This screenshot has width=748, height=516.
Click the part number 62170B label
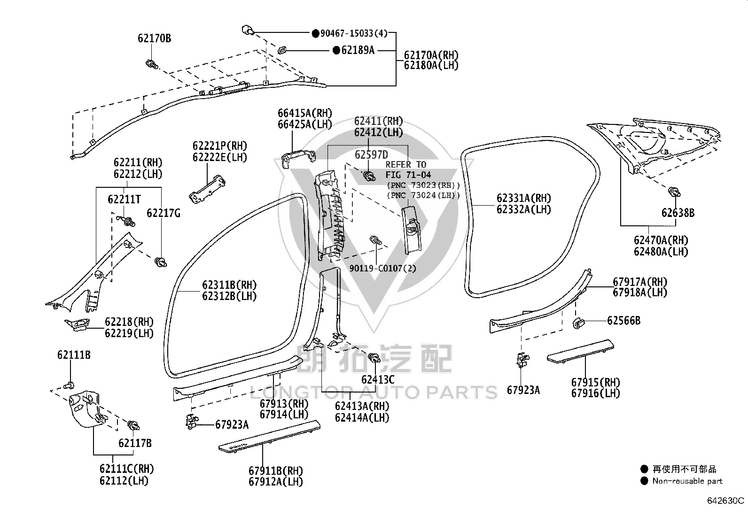point(154,39)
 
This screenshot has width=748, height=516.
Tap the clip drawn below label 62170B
point(152,64)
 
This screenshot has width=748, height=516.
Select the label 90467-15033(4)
point(354,33)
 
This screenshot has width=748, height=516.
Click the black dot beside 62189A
point(336,50)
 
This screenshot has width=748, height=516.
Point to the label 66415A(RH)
point(305,113)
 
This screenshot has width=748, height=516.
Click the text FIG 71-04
point(408,175)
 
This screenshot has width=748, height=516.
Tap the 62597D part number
point(371,155)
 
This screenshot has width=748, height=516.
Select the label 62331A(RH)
point(523,198)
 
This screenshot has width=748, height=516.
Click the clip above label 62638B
point(674,192)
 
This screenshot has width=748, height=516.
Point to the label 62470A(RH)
point(661,240)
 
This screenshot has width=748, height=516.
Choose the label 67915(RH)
point(595,382)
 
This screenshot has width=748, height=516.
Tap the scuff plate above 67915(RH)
point(580,351)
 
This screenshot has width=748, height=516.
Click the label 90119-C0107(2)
point(382,269)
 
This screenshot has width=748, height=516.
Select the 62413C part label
point(378,379)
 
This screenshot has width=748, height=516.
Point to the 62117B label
point(135,443)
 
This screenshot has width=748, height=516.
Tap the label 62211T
point(124,200)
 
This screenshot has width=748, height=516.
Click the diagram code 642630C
point(725,501)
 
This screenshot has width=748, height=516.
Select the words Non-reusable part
point(687,481)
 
